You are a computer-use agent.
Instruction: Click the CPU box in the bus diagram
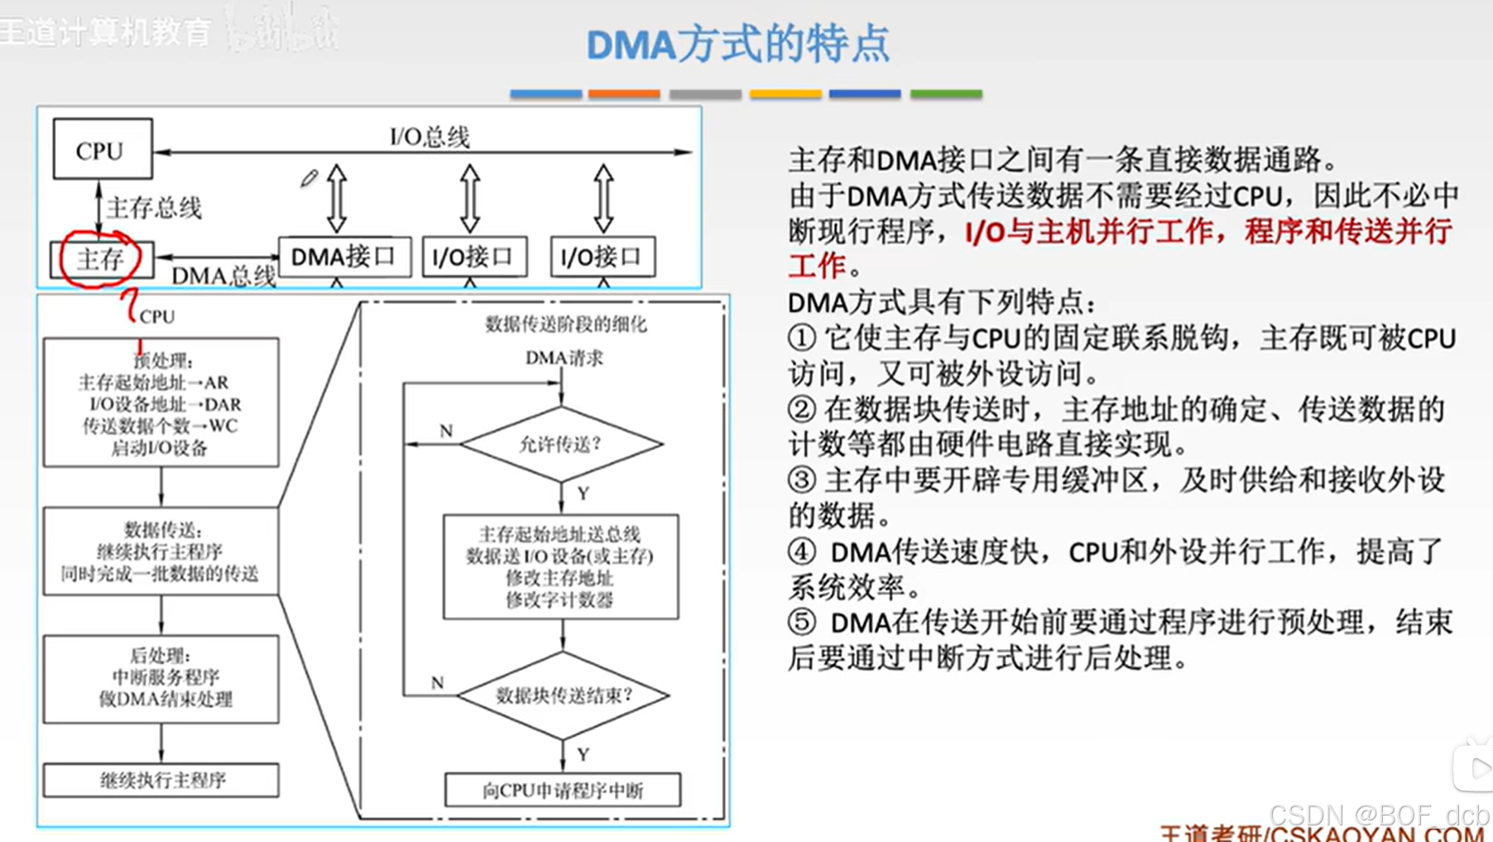tap(103, 149)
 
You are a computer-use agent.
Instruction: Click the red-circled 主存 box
tap(101, 259)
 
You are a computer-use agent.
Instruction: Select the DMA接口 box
tap(343, 257)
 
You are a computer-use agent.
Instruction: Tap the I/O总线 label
tap(430, 137)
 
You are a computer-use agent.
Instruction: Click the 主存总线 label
tap(154, 208)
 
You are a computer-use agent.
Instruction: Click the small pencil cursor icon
tap(310, 178)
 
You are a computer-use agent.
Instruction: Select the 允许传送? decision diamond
tap(561, 445)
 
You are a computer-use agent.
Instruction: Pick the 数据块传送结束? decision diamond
tap(563, 695)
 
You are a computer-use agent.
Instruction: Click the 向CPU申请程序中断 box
tap(563, 791)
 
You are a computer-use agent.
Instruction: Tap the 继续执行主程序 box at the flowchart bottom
tap(161, 780)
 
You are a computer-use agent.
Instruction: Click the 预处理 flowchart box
tap(161, 402)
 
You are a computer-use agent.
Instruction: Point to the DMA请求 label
tap(564, 358)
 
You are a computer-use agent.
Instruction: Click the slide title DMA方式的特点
tap(737, 44)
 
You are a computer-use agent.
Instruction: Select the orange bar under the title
tap(624, 94)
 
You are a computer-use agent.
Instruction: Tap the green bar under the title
tap(946, 94)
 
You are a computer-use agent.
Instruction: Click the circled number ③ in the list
tap(801, 480)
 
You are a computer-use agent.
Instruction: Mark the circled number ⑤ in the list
tap(801, 622)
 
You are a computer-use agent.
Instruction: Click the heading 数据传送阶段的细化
tap(566, 324)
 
